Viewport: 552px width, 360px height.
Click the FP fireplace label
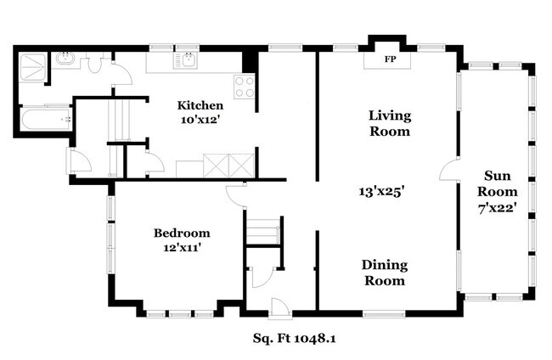(x=390, y=59)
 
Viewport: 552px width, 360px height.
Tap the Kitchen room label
(x=200, y=105)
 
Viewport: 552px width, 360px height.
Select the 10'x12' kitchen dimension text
(x=200, y=120)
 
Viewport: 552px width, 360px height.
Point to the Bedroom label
(x=182, y=233)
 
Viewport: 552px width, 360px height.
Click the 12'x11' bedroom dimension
(x=182, y=248)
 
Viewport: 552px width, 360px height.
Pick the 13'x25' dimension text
(x=381, y=192)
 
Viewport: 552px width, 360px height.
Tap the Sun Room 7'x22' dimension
(x=497, y=208)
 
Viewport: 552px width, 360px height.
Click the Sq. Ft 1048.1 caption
(x=294, y=339)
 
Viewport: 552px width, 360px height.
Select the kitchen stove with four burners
(x=245, y=87)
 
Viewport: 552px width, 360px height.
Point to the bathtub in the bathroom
(x=46, y=120)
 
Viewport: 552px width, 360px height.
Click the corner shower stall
(x=31, y=67)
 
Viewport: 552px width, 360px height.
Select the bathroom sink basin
(x=65, y=59)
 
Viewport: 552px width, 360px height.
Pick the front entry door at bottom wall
(x=280, y=309)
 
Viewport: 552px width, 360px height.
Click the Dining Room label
(x=385, y=273)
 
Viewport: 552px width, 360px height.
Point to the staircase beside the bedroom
(x=262, y=231)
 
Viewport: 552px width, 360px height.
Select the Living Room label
(x=390, y=123)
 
